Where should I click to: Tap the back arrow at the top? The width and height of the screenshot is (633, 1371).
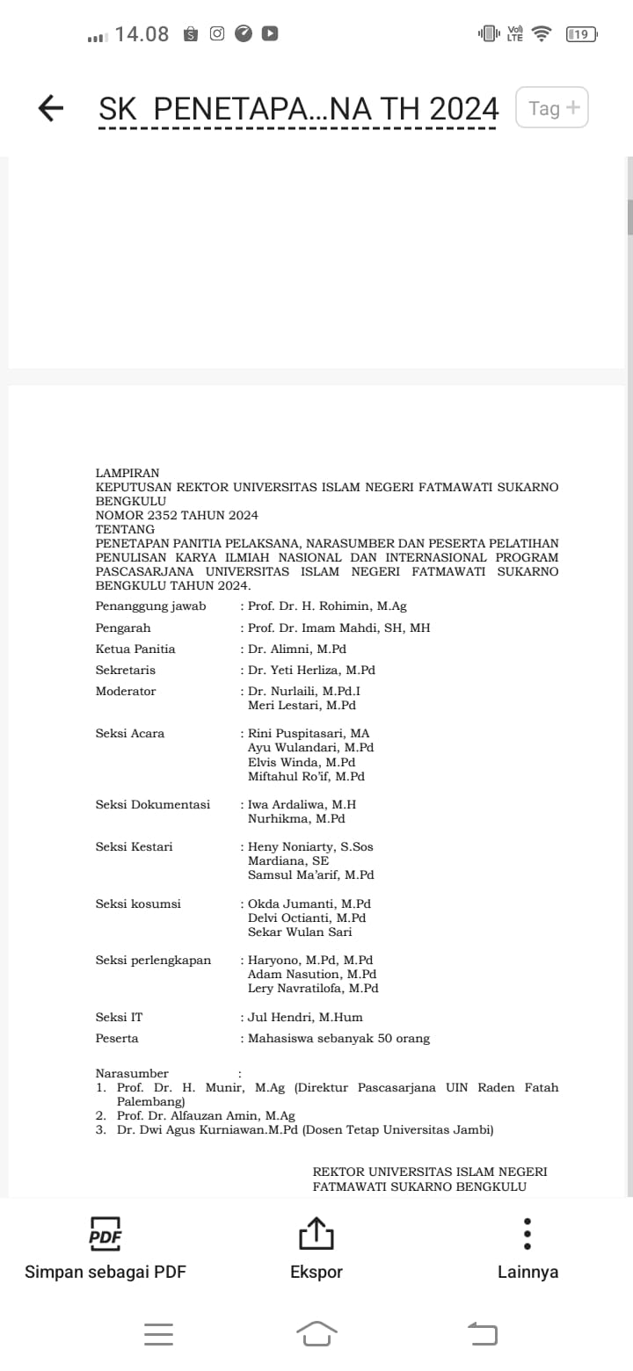[x=51, y=108]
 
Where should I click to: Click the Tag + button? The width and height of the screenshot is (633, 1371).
[x=552, y=108]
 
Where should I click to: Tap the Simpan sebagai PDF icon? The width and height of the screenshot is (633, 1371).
[x=105, y=1234]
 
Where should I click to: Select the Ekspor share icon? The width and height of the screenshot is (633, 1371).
[x=316, y=1234]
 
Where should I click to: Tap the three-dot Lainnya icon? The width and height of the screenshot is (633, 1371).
[x=527, y=1234]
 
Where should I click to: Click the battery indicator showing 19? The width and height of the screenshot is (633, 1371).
[x=581, y=34]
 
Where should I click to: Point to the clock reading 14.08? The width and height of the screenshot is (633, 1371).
[x=142, y=34]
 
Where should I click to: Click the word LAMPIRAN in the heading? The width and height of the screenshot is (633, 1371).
[x=127, y=473]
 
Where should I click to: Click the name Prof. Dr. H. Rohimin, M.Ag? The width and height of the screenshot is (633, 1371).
[x=327, y=606]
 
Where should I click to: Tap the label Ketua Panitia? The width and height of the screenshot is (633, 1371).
[x=135, y=649]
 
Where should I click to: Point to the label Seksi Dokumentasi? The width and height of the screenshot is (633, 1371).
[x=153, y=804]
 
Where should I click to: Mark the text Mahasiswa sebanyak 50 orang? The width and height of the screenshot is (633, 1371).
[x=338, y=1038]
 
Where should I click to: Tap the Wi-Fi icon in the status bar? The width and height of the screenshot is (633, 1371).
[x=542, y=34]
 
